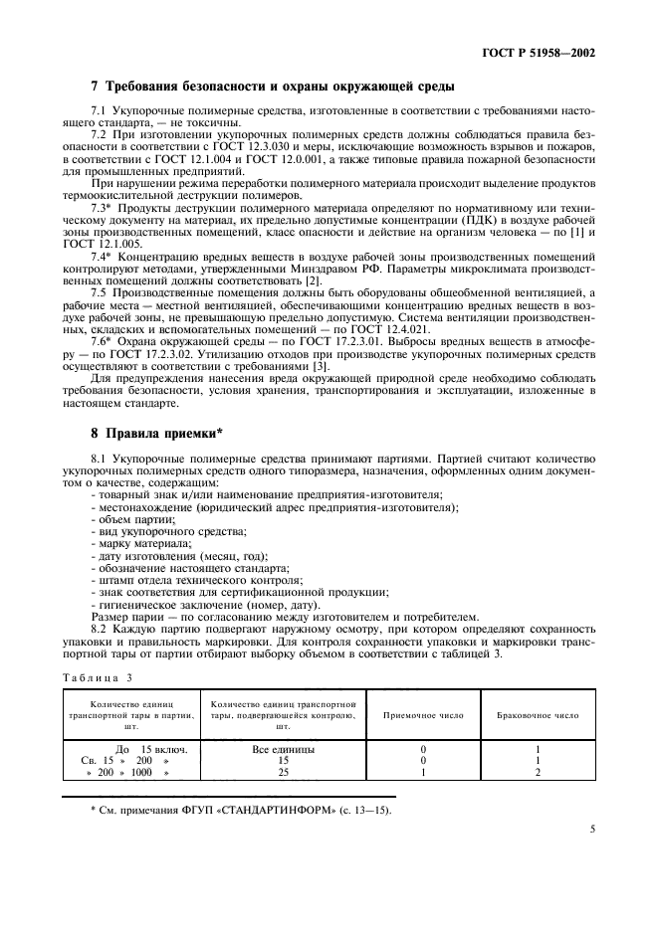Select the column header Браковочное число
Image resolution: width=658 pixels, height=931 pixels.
(538, 716)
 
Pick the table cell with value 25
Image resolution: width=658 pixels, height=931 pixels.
(284, 772)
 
